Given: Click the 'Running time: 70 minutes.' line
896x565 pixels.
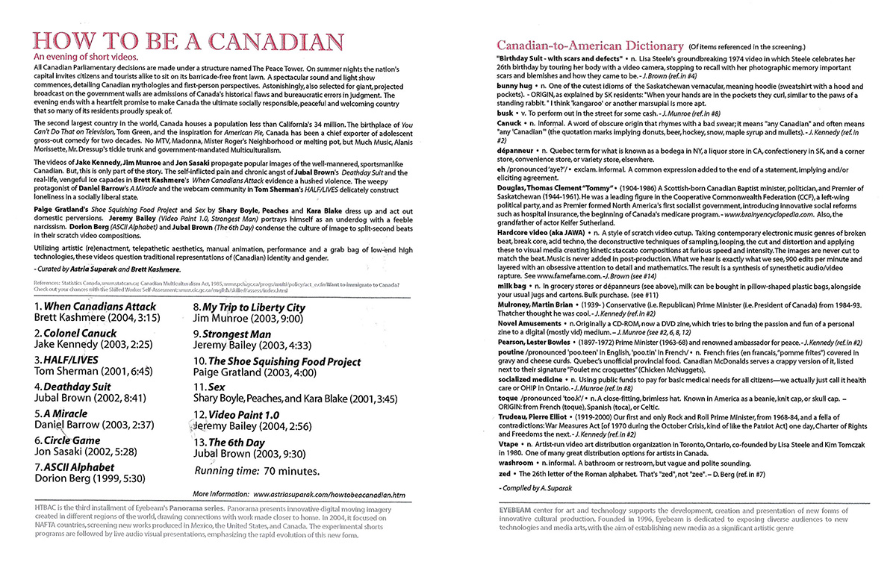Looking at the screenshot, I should tap(258, 471).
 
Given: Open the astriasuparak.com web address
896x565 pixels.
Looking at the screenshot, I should tap(329, 494).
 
